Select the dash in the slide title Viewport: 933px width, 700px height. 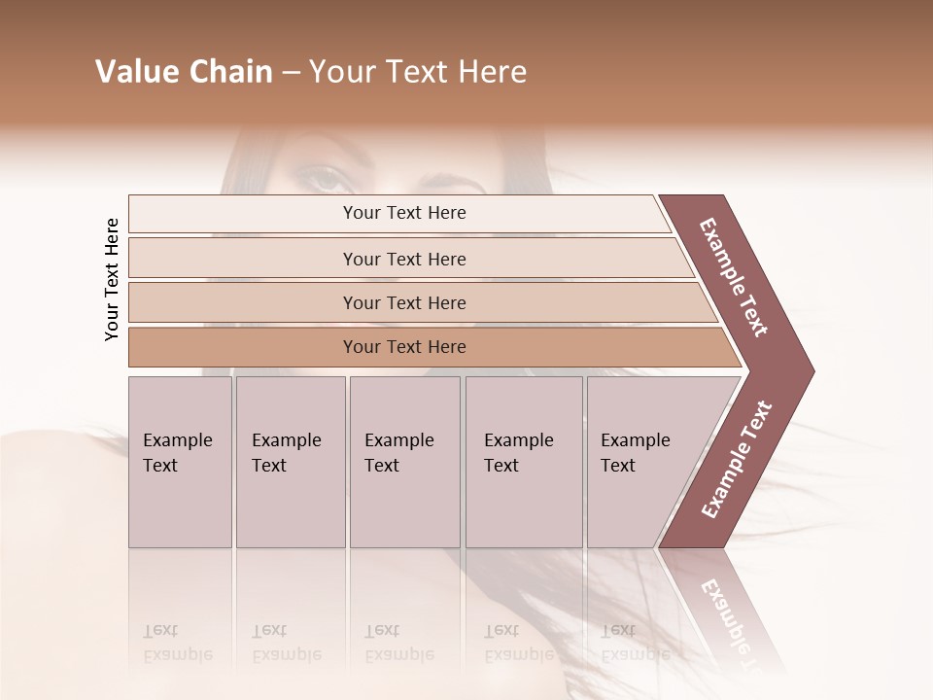290,73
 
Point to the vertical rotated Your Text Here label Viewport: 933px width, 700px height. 112,279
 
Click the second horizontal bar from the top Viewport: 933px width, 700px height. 404,259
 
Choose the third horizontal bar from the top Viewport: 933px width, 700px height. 404,302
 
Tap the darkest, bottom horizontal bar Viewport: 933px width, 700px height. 404,347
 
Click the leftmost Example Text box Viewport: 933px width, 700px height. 180,462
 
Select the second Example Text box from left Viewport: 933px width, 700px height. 291,462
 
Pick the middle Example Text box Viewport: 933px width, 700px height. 404,462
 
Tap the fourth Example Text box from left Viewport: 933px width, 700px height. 524,462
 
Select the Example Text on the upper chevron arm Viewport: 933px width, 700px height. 734,277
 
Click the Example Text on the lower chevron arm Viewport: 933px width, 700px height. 736,460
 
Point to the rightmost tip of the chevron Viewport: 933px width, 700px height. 812,371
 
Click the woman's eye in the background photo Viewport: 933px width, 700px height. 324,178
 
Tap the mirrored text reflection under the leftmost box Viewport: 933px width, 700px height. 178,643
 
